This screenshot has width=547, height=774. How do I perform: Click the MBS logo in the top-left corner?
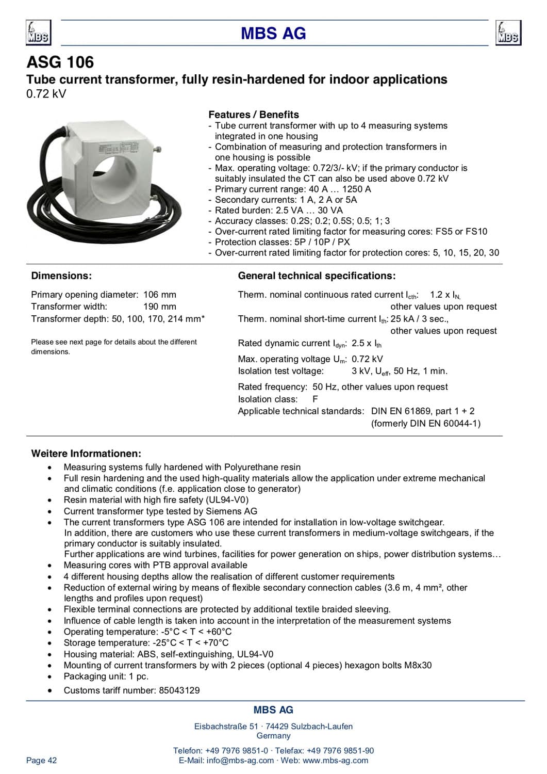38,33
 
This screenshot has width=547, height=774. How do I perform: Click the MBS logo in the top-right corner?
508,33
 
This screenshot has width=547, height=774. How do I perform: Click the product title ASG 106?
60,62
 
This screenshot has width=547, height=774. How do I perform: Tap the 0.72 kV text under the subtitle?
46,94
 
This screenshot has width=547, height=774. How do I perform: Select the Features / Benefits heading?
253,115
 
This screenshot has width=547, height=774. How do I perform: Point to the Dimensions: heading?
61,276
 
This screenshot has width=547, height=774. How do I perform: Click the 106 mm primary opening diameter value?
160,295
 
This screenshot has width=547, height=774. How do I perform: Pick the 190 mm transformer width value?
160,307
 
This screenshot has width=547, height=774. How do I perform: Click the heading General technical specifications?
317,276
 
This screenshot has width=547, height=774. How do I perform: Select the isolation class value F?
315,399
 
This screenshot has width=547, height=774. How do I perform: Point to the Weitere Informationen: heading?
86,454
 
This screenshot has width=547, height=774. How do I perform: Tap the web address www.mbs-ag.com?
336,760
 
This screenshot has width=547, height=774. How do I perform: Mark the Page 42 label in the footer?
42,760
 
